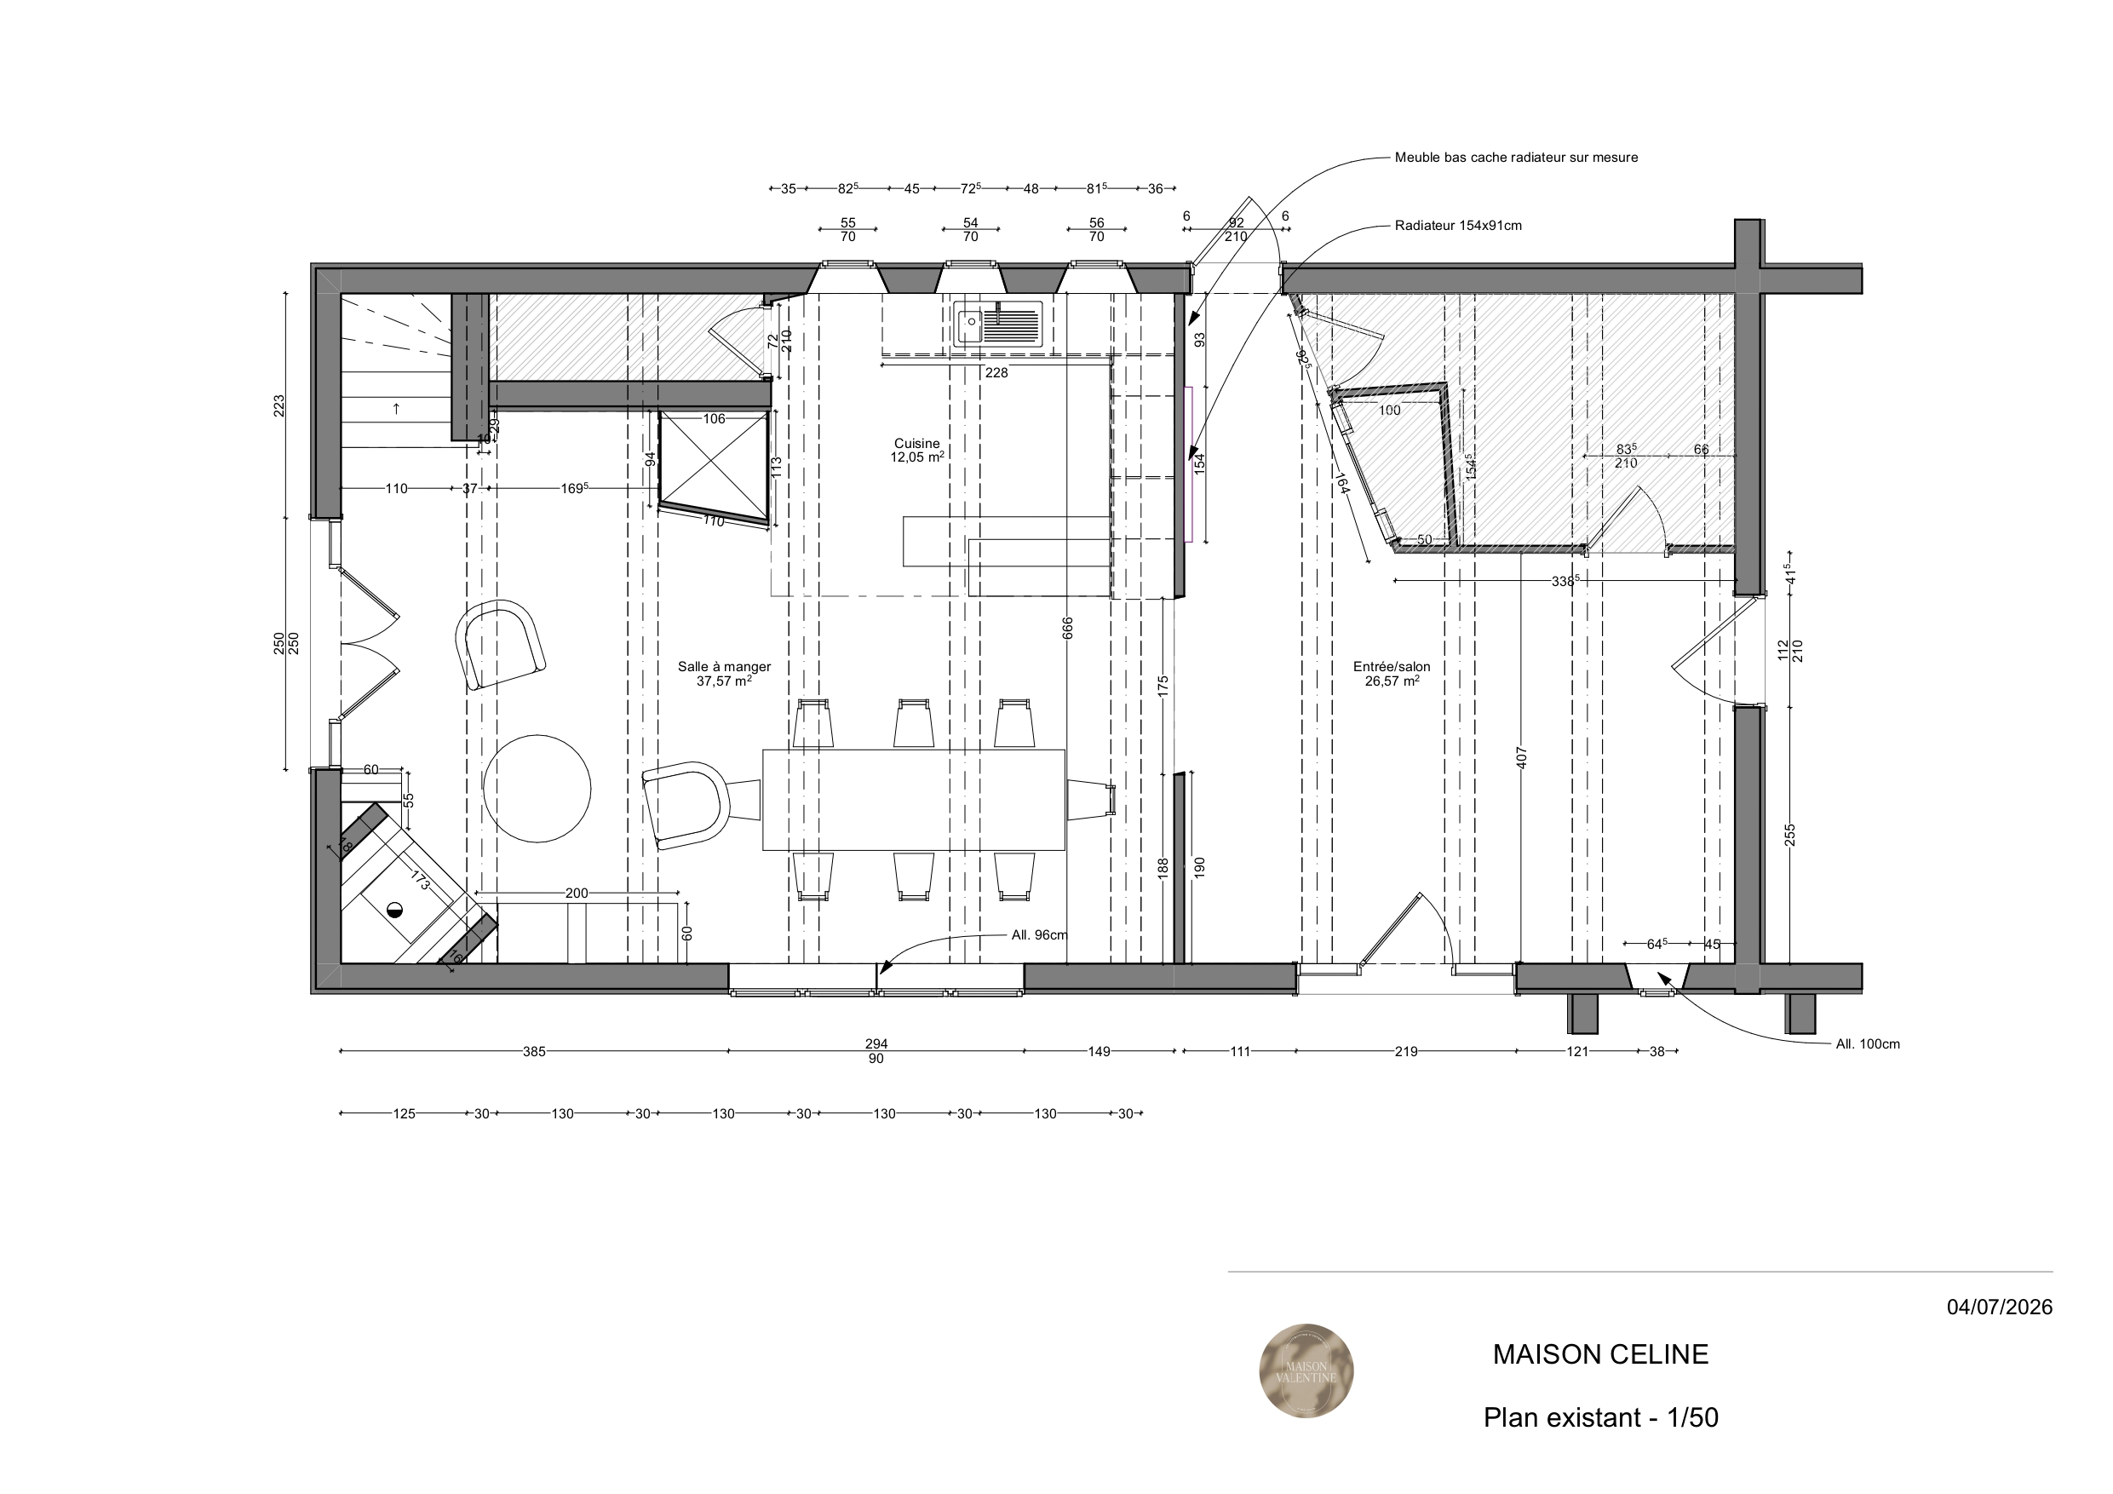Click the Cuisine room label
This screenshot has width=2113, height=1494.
coord(916,444)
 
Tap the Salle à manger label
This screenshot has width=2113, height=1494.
coord(724,666)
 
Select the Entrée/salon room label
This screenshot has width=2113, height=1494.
coord(1392,666)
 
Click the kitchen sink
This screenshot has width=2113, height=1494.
coord(997,324)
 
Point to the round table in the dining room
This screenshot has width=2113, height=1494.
coord(537,788)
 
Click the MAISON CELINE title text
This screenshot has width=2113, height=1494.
coord(1600,1354)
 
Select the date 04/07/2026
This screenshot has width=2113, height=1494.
coord(2000,1307)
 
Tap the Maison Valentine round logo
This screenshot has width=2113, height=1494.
coord(1306,1370)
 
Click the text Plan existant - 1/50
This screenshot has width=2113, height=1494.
coord(1600,1416)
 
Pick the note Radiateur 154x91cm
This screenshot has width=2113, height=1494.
coord(1458,226)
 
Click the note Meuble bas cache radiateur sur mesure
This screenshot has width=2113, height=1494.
coord(1516,158)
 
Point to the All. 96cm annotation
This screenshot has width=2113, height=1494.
coord(1040,935)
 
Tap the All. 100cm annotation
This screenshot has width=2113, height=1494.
coord(1867,1044)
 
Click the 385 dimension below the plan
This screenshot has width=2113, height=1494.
coord(535,1051)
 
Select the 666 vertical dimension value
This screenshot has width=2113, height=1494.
coord(1067,628)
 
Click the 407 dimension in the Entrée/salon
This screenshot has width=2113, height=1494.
coord(1521,757)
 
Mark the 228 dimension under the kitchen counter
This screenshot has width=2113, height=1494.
coord(996,373)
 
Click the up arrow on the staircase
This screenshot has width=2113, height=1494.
coord(397,408)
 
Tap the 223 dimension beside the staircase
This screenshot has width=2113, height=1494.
coord(278,405)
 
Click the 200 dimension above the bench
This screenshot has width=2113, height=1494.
coord(576,893)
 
